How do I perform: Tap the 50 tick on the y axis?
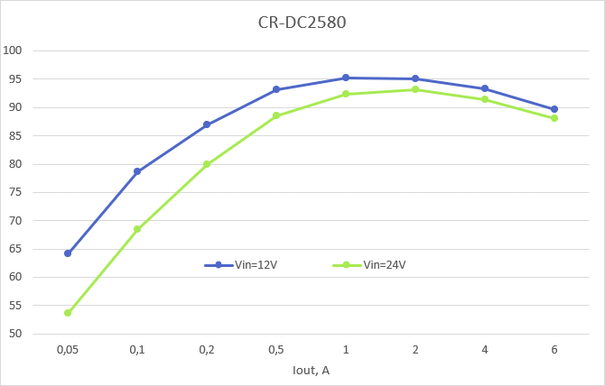[15, 334]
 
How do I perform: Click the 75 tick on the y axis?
[15, 192]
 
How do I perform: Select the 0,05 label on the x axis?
[67, 348]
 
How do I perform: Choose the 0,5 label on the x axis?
[276, 348]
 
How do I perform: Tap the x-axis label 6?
[554, 348]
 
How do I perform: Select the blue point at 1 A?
[346, 78]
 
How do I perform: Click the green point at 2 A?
[415, 89]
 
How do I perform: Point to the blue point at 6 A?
[554, 109]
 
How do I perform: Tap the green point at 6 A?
[554, 118]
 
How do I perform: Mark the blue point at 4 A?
[485, 88]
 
